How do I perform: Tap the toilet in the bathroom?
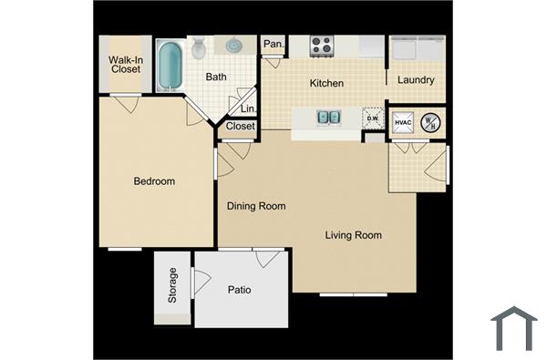(x=199, y=49)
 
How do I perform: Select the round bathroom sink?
(x=234, y=45)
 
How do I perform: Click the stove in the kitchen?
(x=321, y=45)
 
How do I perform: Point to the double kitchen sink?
(x=328, y=117)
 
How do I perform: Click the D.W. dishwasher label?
(x=372, y=118)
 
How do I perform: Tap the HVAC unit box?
(x=404, y=122)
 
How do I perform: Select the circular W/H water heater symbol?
(x=433, y=122)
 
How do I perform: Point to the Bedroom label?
(x=154, y=181)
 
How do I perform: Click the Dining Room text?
(x=256, y=206)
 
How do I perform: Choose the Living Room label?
(x=354, y=236)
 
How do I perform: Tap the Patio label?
(x=239, y=291)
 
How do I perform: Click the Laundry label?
(x=416, y=80)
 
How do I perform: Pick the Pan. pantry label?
(x=273, y=44)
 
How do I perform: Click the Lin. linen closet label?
(x=247, y=108)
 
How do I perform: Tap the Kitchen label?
(x=326, y=84)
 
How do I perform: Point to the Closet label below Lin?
(x=240, y=127)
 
